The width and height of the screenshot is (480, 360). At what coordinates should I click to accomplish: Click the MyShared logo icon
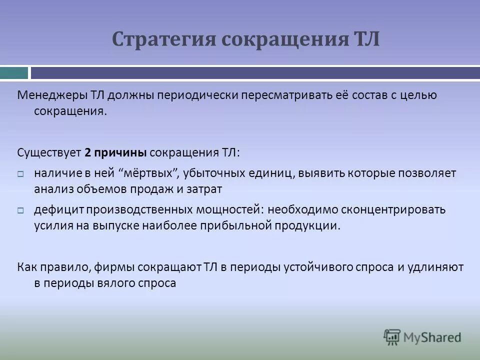pos(392,337)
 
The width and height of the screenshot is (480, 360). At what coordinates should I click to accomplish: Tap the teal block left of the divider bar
pos(14,73)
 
